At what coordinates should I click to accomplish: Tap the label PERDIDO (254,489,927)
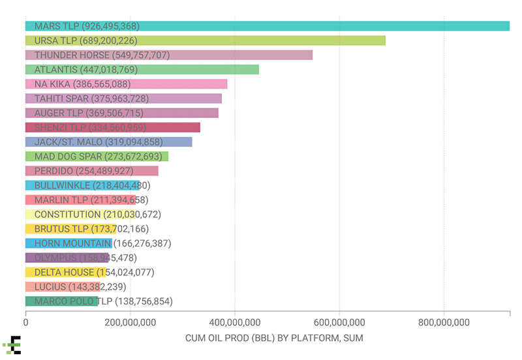93,171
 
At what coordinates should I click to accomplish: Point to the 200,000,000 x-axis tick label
130,322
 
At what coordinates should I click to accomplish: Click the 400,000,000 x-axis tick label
235,322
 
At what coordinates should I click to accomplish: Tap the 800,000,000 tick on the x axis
444,322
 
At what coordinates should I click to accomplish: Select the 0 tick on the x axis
26,322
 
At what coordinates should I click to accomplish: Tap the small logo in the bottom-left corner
12,346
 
